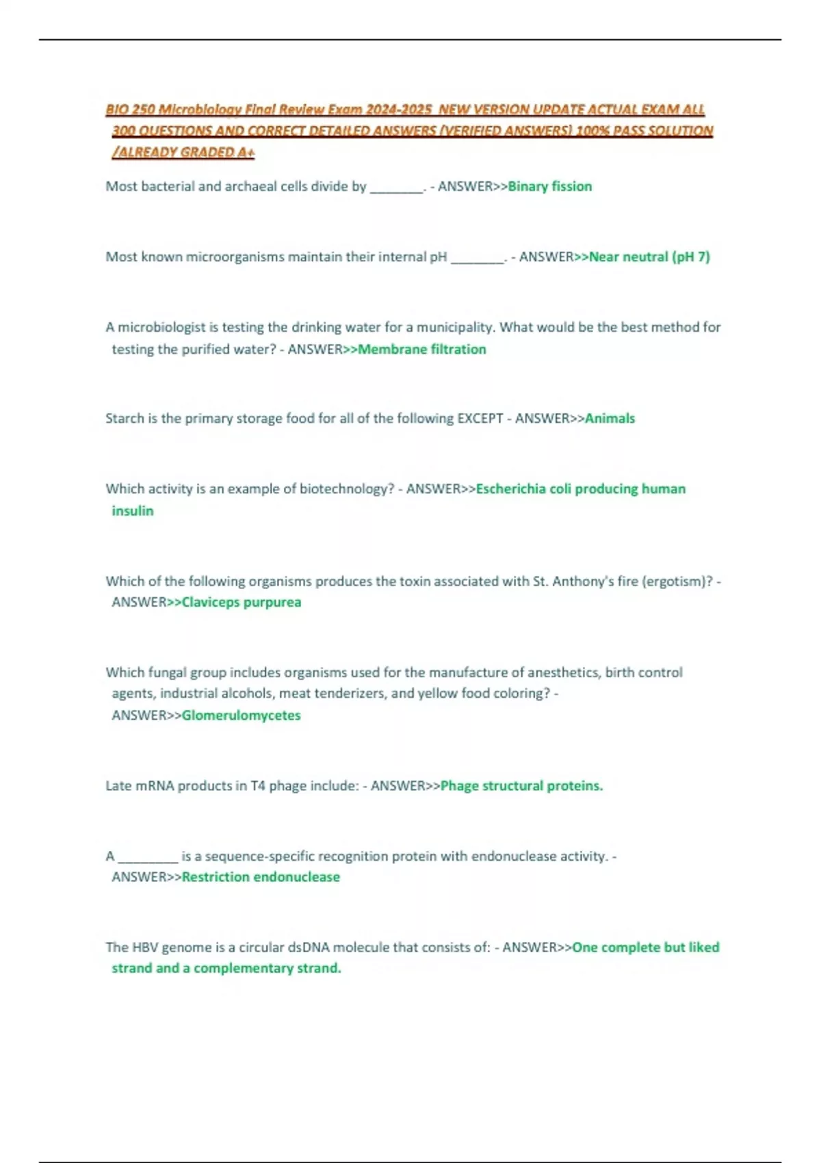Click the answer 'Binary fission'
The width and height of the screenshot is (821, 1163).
click(x=549, y=186)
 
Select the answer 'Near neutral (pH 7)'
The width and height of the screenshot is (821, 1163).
click(x=649, y=257)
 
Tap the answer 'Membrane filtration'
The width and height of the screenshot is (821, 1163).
click(x=422, y=349)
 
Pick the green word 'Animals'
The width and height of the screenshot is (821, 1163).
click(x=610, y=418)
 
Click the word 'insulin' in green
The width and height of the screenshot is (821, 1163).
click(x=133, y=510)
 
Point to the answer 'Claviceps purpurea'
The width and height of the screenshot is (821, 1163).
click(x=241, y=602)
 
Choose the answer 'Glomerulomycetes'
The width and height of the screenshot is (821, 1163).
click(x=241, y=715)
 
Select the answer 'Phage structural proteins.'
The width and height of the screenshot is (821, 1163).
click(x=521, y=785)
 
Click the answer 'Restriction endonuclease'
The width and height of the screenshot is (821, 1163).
click(x=261, y=876)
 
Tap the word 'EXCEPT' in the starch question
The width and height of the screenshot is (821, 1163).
click(x=480, y=418)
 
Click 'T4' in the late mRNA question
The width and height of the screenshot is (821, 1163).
click(x=257, y=785)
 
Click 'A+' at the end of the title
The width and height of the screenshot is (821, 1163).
click(x=246, y=152)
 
